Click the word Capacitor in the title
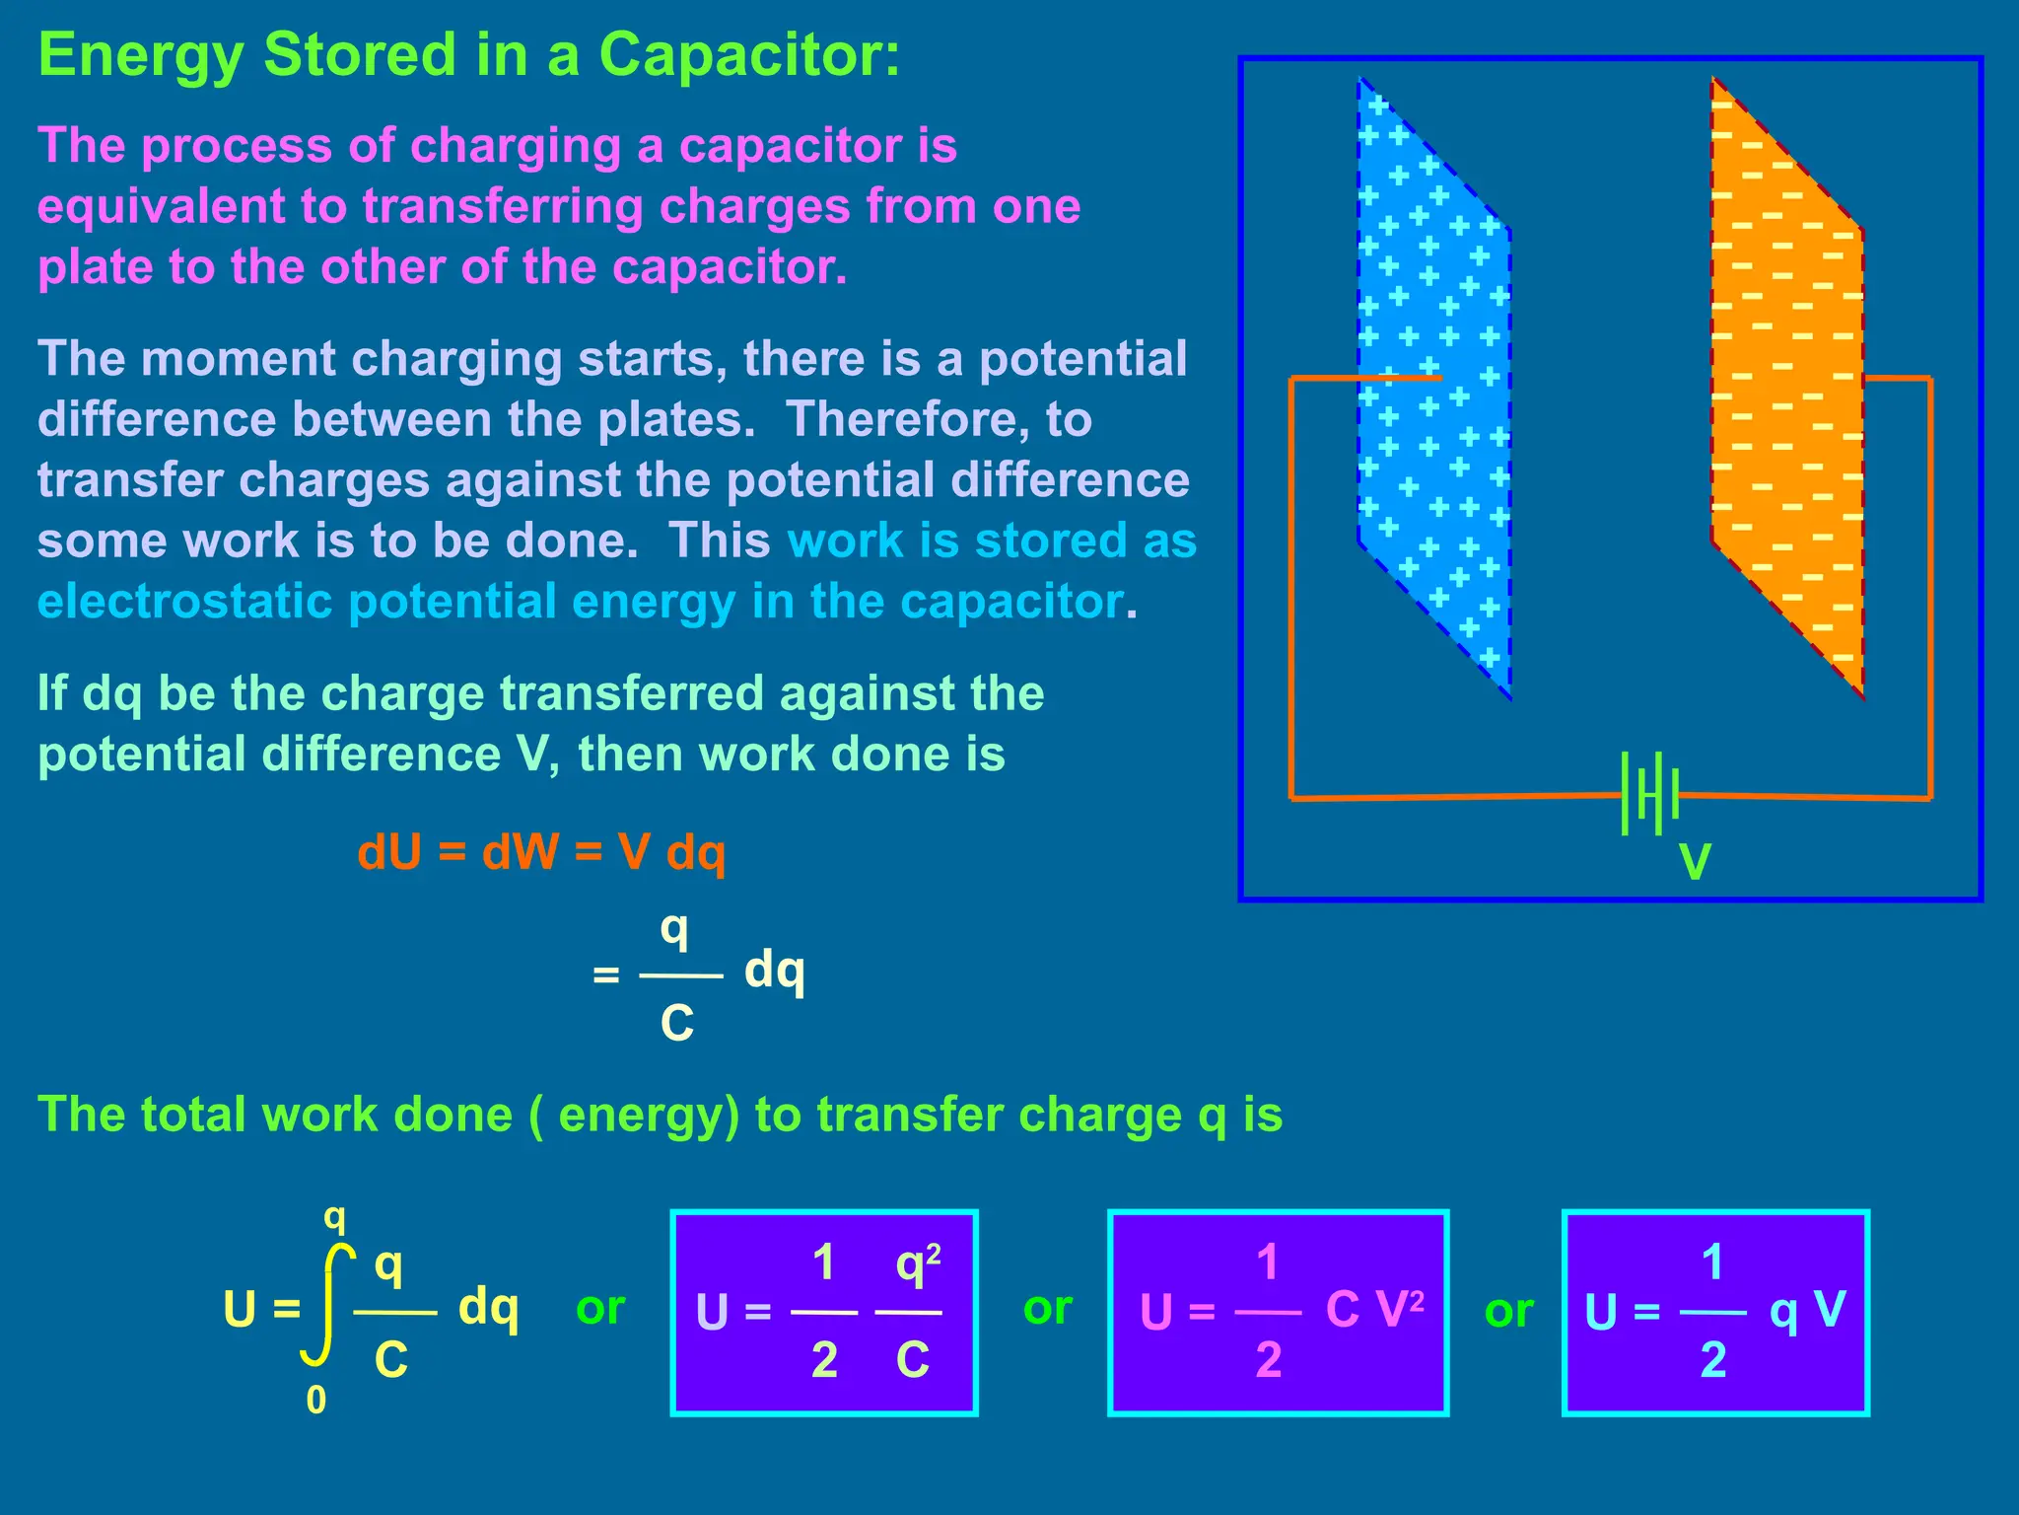[x=749, y=55]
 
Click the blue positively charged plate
[x=1434, y=385]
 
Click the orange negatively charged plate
[x=1786, y=385]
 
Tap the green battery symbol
[x=1649, y=794]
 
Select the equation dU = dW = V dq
[x=541, y=853]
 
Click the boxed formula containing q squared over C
[x=824, y=1313]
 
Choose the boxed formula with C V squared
[x=1279, y=1313]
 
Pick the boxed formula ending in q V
[x=1715, y=1313]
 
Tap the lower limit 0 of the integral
[x=315, y=1401]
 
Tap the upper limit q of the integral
[x=335, y=1219]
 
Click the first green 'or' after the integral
[x=600, y=1308]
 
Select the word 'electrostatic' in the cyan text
[x=184, y=602]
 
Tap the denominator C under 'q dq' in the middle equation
[x=677, y=1024]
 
